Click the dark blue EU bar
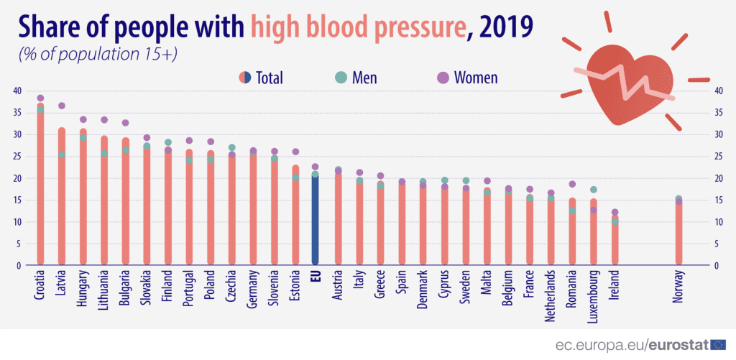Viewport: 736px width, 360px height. [x=315, y=223]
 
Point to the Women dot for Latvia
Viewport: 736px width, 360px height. [x=62, y=106]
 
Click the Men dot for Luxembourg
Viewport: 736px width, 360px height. [x=593, y=190]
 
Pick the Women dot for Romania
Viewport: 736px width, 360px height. [x=572, y=184]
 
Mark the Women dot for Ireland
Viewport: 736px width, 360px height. [x=615, y=212]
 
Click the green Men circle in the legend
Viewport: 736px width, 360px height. [x=341, y=77]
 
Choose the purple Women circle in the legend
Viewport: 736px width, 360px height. [x=443, y=77]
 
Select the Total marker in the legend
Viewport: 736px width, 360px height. [x=244, y=77]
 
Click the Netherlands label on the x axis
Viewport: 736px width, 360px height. [x=551, y=292]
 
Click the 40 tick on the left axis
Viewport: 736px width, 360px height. [x=17, y=91]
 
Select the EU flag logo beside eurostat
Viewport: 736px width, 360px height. [x=719, y=345]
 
